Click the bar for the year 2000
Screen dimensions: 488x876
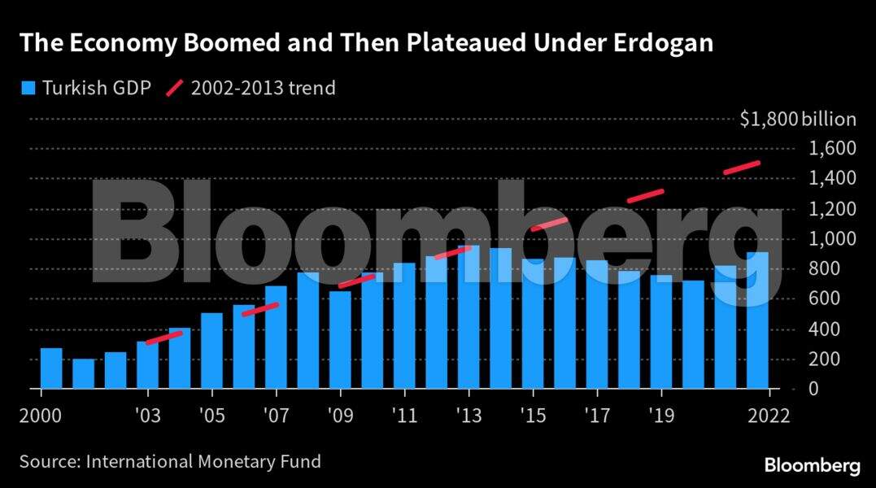click(x=51, y=368)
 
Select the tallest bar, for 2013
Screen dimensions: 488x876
click(x=469, y=317)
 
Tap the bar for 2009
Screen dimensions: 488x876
click(x=340, y=339)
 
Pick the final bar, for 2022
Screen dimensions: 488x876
click(x=757, y=320)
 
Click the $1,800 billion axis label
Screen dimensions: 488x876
click(x=797, y=120)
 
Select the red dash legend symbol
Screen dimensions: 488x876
click(x=174, y=88)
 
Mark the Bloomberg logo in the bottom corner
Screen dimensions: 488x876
click(x=812, y=465)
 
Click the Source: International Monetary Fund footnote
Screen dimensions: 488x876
click(x=170, y=462)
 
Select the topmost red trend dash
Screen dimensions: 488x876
click(x=741, y=168)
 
